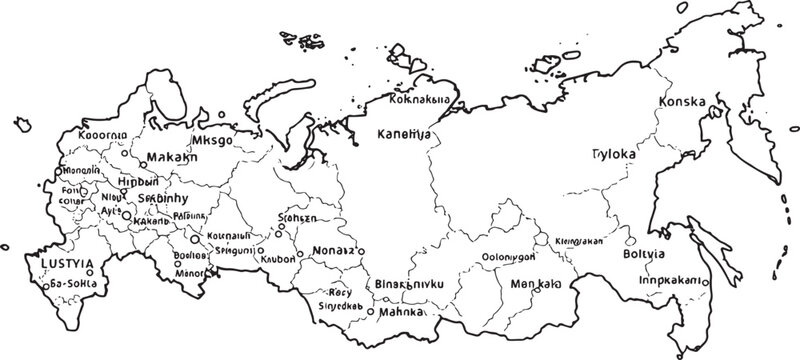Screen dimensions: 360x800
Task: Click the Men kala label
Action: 535,284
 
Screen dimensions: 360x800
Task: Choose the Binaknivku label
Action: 407,284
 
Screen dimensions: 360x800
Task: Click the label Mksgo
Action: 212,140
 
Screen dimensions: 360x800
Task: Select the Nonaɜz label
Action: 333,250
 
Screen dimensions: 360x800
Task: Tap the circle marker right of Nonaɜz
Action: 361,251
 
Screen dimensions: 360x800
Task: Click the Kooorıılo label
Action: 103,132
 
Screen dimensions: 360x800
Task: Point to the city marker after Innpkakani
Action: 705,283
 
